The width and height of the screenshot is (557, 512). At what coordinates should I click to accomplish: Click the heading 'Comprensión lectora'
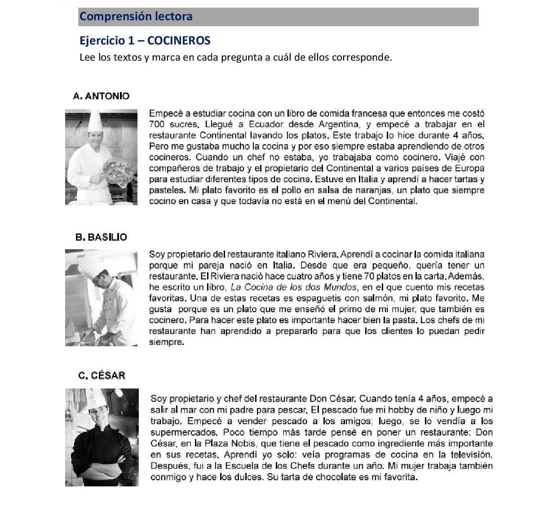click(136, 17)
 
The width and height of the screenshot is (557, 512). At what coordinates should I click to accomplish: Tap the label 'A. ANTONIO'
click(101, 96)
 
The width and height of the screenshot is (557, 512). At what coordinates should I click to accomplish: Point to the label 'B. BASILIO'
click(101, 237)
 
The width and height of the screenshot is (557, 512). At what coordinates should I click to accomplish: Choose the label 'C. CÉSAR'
click(102, 375)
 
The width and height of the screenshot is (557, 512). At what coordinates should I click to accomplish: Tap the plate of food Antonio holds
click(119, 169)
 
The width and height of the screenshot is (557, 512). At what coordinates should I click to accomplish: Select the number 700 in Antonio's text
click(157, 124)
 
